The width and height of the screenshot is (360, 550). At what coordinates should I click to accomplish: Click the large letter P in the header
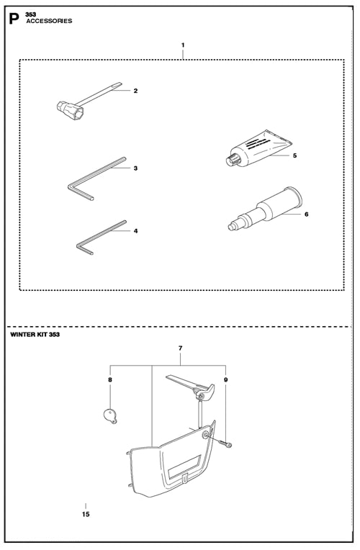14,19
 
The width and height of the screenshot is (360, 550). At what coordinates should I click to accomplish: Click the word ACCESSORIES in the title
49,21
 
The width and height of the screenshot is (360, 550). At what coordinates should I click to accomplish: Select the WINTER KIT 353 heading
35,334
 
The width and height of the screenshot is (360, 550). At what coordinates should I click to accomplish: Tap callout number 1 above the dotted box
183,45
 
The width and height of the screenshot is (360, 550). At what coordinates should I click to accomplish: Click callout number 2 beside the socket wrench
135,91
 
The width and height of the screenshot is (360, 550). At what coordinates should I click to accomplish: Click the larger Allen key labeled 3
96,179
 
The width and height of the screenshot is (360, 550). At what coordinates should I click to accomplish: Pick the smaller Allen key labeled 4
101,237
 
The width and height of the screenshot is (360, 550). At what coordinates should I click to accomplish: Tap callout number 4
136,231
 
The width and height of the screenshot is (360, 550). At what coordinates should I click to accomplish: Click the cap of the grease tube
232,160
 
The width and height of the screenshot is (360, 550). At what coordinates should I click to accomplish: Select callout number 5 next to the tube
294,155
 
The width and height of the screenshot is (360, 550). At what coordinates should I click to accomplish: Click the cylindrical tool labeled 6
265,209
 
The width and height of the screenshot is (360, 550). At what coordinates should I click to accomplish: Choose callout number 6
306,214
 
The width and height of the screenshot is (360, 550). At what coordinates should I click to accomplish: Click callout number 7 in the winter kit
180,348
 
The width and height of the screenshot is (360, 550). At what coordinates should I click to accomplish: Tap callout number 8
110,380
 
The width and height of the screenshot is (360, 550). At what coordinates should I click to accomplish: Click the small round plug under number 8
110,415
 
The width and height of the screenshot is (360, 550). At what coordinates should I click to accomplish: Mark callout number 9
226,380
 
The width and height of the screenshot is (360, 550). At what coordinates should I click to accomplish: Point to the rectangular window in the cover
184,467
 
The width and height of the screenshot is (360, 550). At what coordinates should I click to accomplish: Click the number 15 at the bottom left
86,514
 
